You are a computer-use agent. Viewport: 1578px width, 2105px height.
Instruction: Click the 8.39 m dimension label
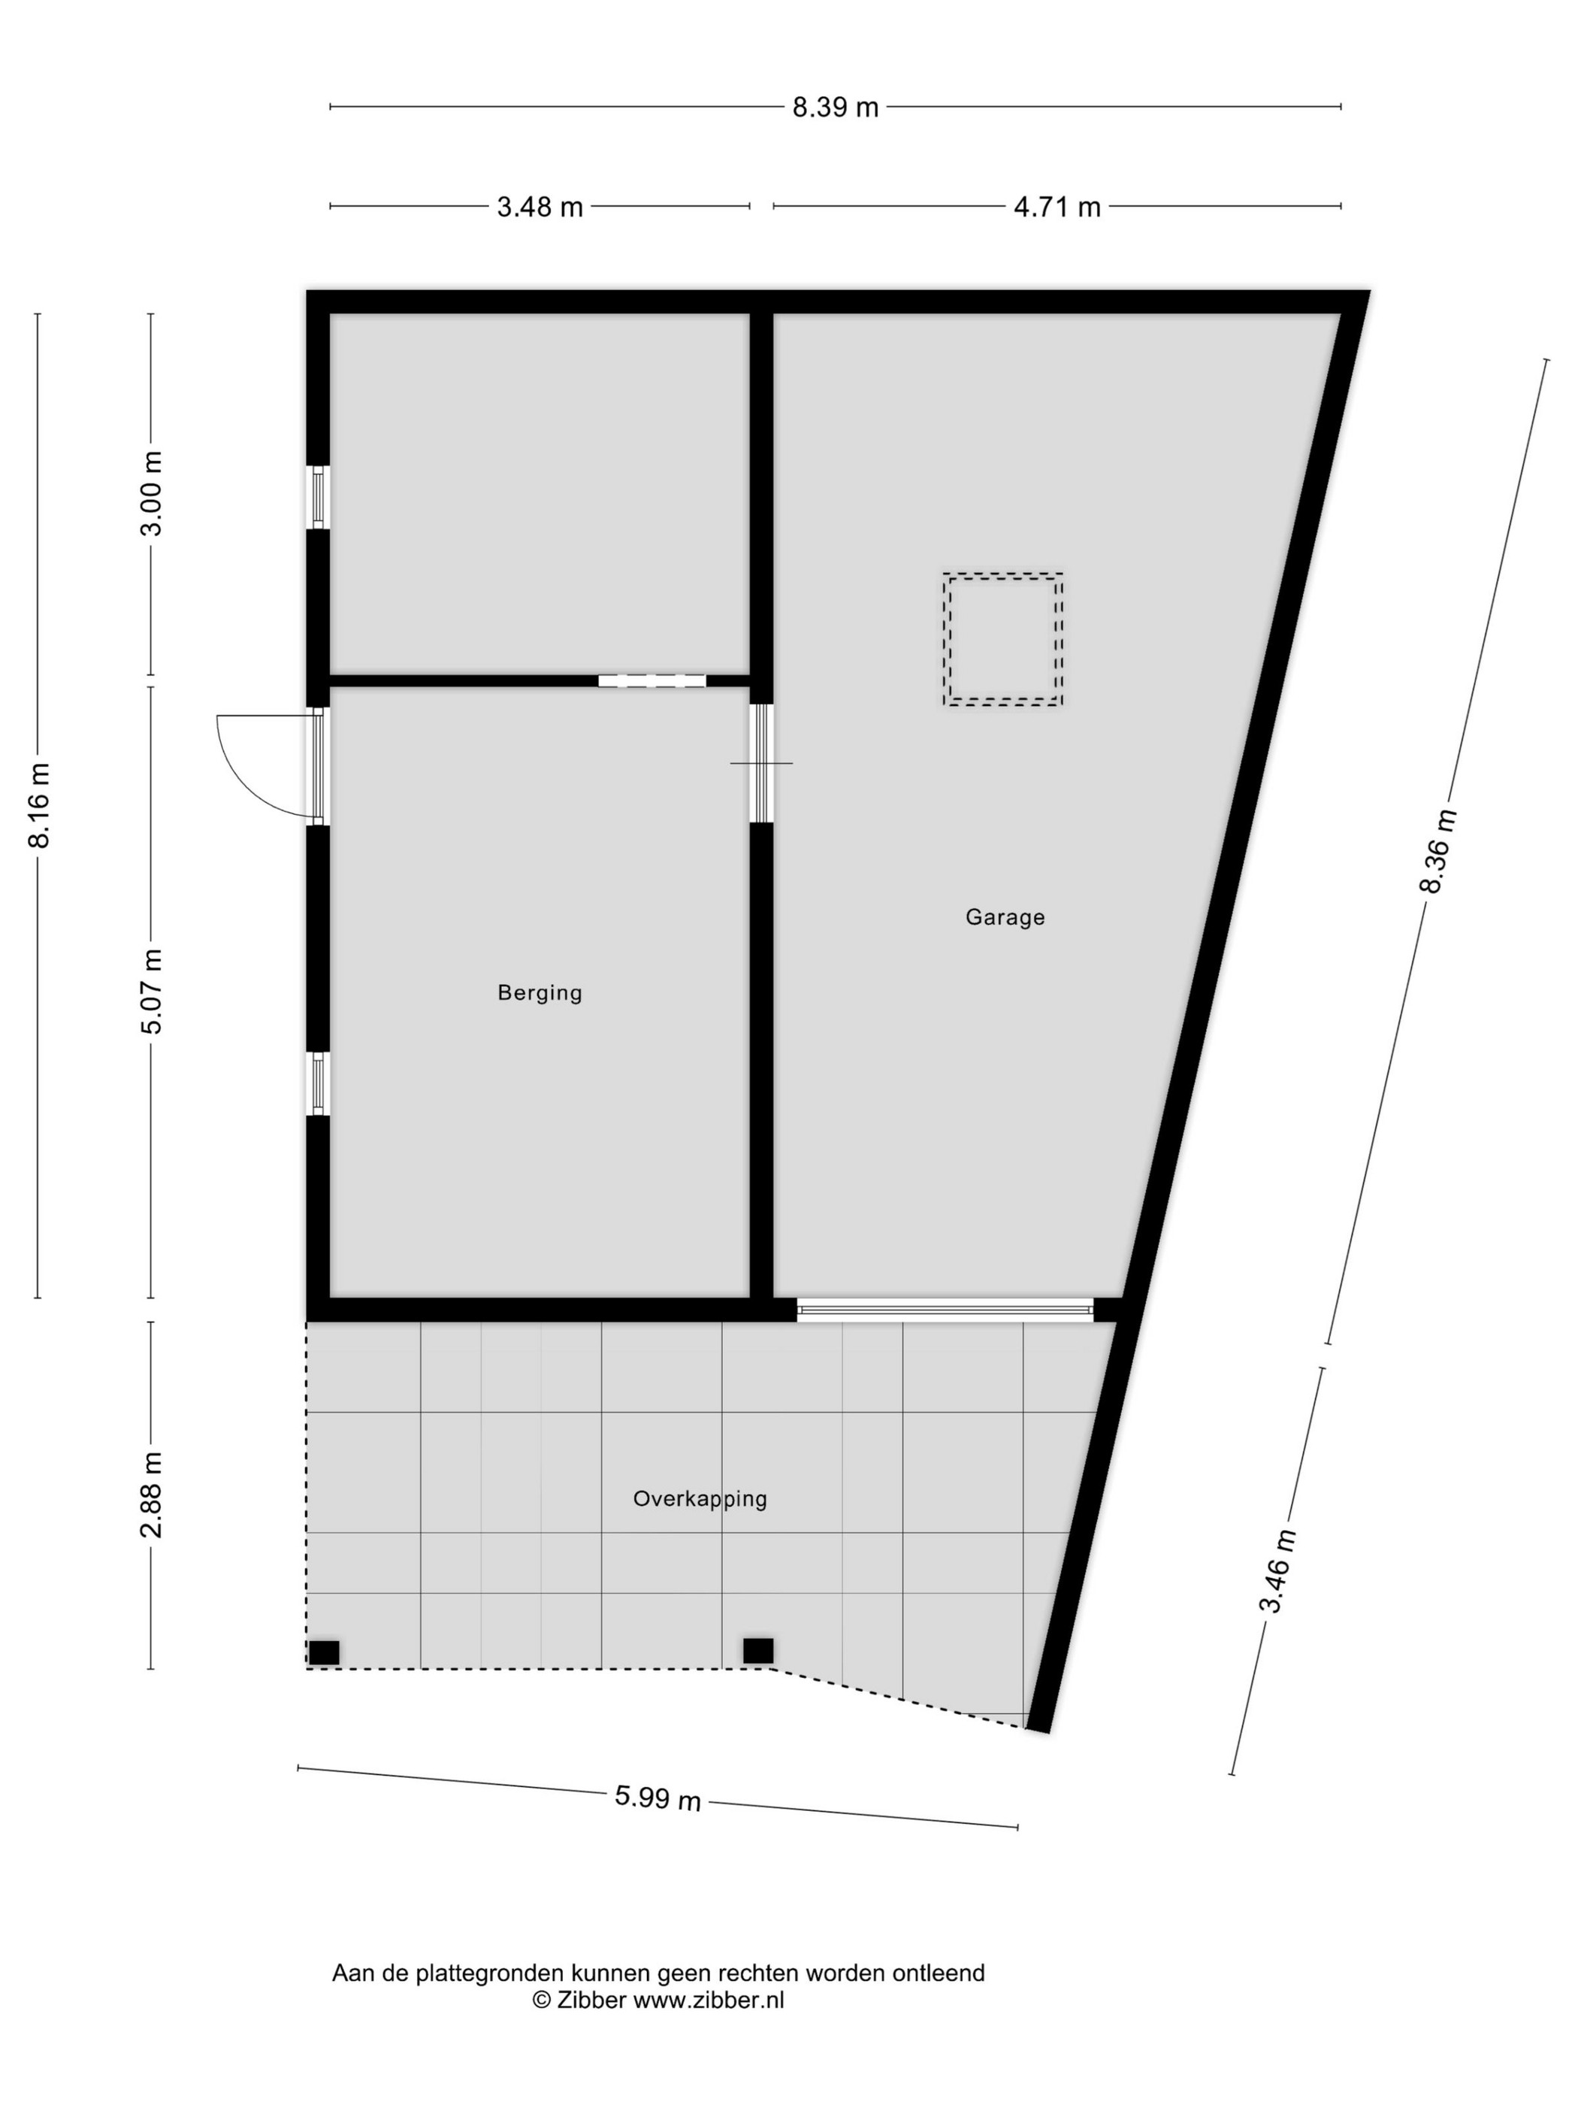(835, 107)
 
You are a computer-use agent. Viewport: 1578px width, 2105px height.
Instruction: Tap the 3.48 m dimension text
(540, 207)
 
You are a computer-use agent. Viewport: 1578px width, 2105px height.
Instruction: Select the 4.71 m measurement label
(1057, 207)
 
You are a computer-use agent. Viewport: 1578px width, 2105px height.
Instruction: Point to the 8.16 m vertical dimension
(39, 805)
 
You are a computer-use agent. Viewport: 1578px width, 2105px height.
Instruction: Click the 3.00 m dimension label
(151, 494)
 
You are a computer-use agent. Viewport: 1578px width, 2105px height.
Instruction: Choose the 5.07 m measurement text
(151, 991)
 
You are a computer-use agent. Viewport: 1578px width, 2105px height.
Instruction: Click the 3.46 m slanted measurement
(1277, 1571)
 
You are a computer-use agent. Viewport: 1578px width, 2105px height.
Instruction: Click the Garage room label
(1005, 917)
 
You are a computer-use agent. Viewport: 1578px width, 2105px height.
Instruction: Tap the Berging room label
(540, 992)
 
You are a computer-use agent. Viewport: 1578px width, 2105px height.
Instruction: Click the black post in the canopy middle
(757, 1651)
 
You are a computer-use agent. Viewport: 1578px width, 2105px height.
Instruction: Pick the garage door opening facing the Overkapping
(945, 1310)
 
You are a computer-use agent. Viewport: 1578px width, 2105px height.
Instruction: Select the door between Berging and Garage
(761, 763)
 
